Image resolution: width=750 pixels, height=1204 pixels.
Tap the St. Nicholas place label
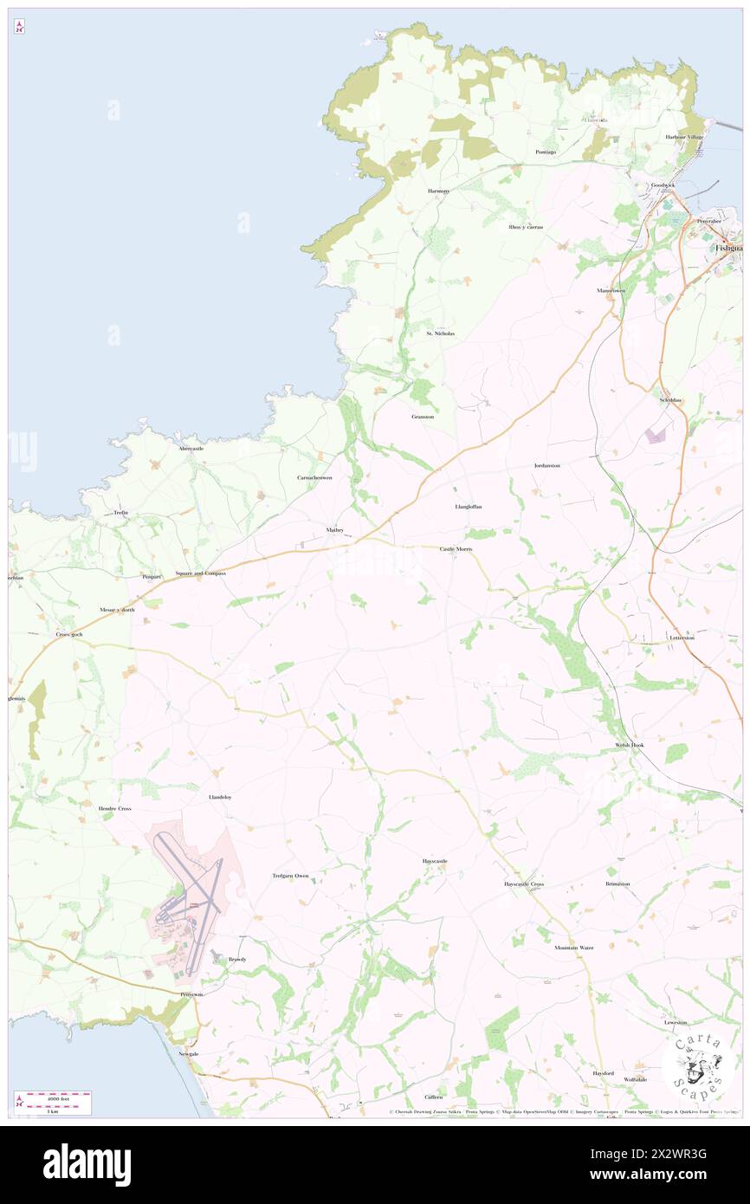pos(440,333)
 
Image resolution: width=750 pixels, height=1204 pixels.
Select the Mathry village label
pos(335,530)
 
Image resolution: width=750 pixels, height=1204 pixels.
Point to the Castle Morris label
pos(456,549)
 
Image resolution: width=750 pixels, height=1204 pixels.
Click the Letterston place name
pos(682,638)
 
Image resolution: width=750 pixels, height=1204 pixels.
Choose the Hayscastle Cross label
pos(524,884)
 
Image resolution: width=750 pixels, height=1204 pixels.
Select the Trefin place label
pos(121,513)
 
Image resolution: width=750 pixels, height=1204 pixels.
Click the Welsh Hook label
pos(630,745)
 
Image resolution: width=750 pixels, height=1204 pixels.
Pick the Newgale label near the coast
pos(189,1053)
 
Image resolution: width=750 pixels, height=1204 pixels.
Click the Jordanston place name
pos(546,466)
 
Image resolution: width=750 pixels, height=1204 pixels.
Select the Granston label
pos(423,417)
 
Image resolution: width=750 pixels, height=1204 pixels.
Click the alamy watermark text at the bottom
pos(87,1163)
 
